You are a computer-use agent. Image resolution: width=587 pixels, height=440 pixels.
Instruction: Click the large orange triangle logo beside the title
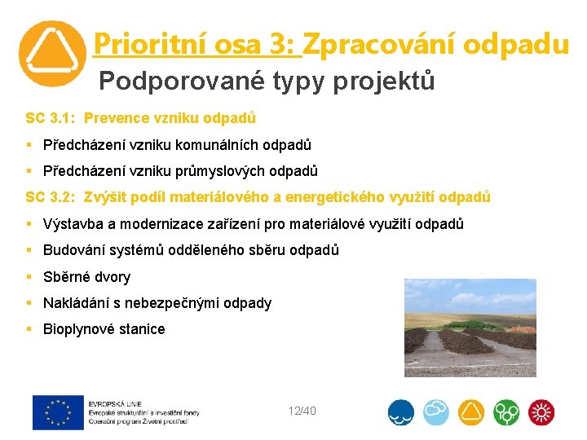coord(52,54)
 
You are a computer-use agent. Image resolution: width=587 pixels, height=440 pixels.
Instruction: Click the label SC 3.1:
coord(51,118)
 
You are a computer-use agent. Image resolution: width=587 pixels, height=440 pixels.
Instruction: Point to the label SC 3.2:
coord(51,197)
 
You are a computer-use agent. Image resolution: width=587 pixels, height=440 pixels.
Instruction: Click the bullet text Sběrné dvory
coord(86,277)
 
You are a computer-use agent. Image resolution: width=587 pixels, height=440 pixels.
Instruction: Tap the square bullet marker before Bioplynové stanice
coord(29,328)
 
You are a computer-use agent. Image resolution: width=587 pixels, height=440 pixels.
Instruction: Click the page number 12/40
coord(302,410)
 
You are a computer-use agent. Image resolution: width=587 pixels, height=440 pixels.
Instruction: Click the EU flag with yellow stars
coord(58,412)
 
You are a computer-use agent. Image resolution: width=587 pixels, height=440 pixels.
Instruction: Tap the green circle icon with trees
coord(506,412)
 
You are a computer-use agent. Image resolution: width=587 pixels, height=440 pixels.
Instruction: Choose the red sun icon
coord(542,412)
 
